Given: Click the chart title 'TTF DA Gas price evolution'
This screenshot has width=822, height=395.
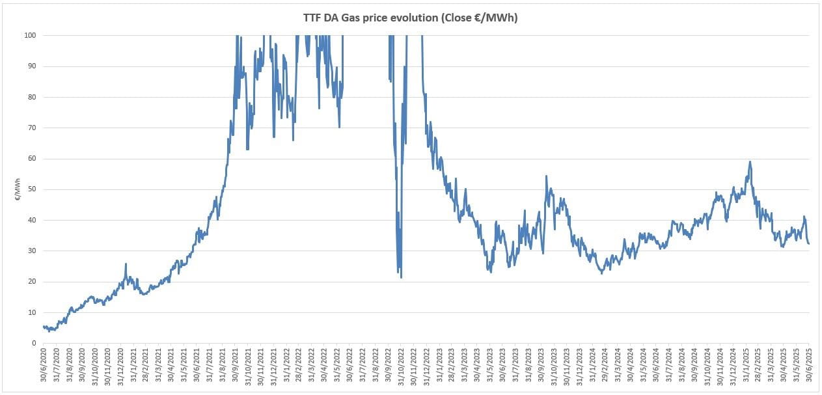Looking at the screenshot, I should coord(411,18).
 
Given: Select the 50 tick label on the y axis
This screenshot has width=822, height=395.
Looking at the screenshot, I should coord(31,189).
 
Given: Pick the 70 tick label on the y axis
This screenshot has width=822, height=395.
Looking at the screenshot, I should coord(31,128).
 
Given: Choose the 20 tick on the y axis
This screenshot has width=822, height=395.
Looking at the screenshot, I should coord(31,282).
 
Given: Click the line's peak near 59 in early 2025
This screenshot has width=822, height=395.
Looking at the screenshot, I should coord(750,161).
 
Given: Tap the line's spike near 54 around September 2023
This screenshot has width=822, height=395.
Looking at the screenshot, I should coord(546,176).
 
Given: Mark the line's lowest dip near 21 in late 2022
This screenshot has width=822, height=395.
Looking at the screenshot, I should coord(401,278).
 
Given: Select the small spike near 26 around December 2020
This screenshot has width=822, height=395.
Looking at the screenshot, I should coord(126,264).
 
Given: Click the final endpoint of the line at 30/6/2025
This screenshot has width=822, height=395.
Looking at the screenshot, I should coord(808,243).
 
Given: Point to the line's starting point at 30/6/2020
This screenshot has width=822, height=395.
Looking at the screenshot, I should coord(43,326).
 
